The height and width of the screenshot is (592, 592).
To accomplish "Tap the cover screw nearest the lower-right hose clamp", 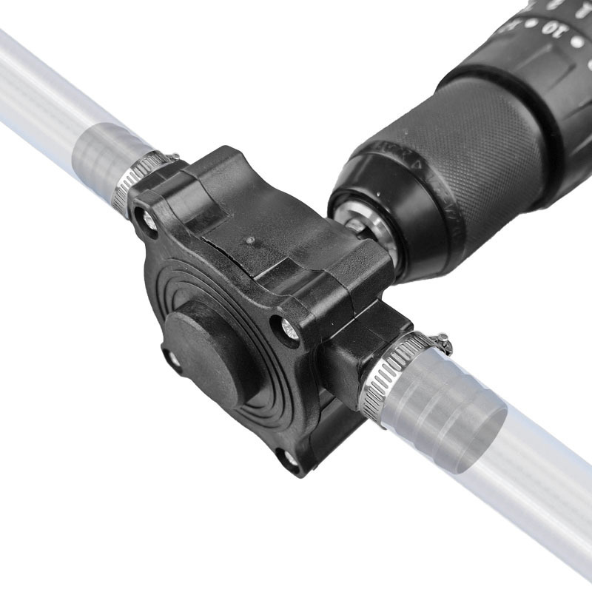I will click(x=289, y=330).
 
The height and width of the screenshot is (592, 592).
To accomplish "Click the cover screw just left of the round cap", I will click(x=171, y=358).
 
